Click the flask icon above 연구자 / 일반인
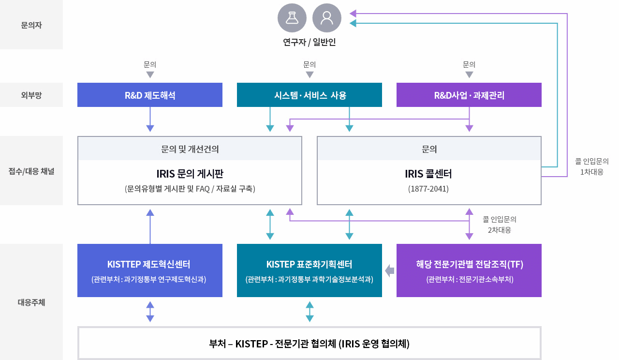tap(292, 18)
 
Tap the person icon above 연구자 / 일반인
tap(327, 18)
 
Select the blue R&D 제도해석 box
tap(150, 95)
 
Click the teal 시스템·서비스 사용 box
tap(309, 95)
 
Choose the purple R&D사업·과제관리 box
tap(469, 95)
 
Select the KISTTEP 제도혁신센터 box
tap(150, 270)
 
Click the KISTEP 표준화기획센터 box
tap(309, 270)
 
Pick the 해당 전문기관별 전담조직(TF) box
tap(469, 270)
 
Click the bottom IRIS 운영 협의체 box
tap(309, 344)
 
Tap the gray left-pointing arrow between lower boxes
tap(389, 270)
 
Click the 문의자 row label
tap(31, 25)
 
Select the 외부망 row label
tap(31, 95)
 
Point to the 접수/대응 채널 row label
tap(31, 171)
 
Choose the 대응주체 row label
tap(31, 303)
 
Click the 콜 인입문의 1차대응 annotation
tap(591, 166)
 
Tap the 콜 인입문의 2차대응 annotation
tap(499, 225)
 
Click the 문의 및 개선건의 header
tap(190, 149)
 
